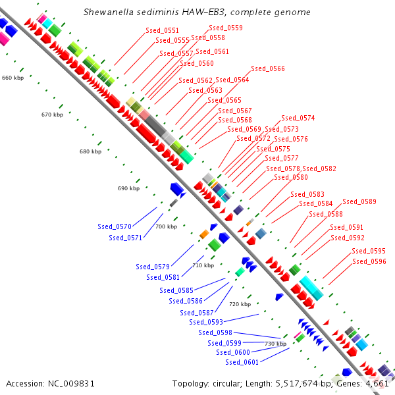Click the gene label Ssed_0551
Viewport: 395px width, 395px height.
[162, 30]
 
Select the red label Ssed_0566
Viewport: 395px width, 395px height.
[268, 68]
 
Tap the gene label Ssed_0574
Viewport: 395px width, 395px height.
[298, 118]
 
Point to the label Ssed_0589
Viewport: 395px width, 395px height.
[359, 201]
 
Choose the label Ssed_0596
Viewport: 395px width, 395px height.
[369, 261]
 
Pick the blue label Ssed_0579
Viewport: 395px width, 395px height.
[153, 267]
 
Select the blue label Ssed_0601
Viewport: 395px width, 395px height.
[242, 362]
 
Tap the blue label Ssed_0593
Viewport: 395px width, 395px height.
[205, 322]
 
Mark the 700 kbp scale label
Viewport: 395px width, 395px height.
[167, 226]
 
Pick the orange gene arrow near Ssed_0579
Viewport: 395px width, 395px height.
[204, 234]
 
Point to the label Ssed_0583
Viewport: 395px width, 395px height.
[307, 194]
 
